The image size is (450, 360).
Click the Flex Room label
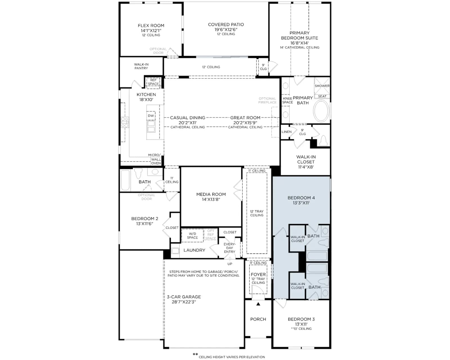pyautogui.click(x=151, y=26)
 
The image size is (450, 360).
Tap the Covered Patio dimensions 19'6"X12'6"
pyautogui.click(x=226, y=30)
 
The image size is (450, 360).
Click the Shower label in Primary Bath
pyautogui.click(x=322, y=86)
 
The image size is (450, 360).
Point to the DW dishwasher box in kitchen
pyautogui.click(x=151, y=116)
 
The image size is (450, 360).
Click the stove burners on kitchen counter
pyautogui.click(x=125, y=122)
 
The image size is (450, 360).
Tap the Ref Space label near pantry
pyautogui.click(x=153, y=82)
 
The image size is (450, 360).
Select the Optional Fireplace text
pyautogui.click(x=267, y=100)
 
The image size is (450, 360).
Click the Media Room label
pyautogui.click(x=211, y=194)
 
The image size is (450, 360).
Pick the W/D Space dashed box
pyautogui.click(x=192, y=236)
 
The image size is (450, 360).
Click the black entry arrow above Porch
pyautogui.click(x=258, y=304)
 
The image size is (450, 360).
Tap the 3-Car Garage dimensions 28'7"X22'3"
pyautogui.click(x=184, y=302)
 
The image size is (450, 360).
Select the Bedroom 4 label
pyautogui.click(x=301, y=198)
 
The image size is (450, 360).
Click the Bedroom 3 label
pyautogui.click(x=301, y=319)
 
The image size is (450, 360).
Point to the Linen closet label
pyautogui.click(x=287, y=132)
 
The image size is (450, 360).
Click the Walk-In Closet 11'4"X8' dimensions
pyautogui.click(x=306, y=167)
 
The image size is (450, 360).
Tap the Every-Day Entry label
pyautogui.click(x=229, y=248)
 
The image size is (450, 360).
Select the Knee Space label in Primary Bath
pyautogui.click(x=287, y=100)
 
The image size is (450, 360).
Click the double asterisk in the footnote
pyautogui.click(x=195, y=354)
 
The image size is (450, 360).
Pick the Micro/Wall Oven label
pyautogui.click(x=155, y=159)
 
